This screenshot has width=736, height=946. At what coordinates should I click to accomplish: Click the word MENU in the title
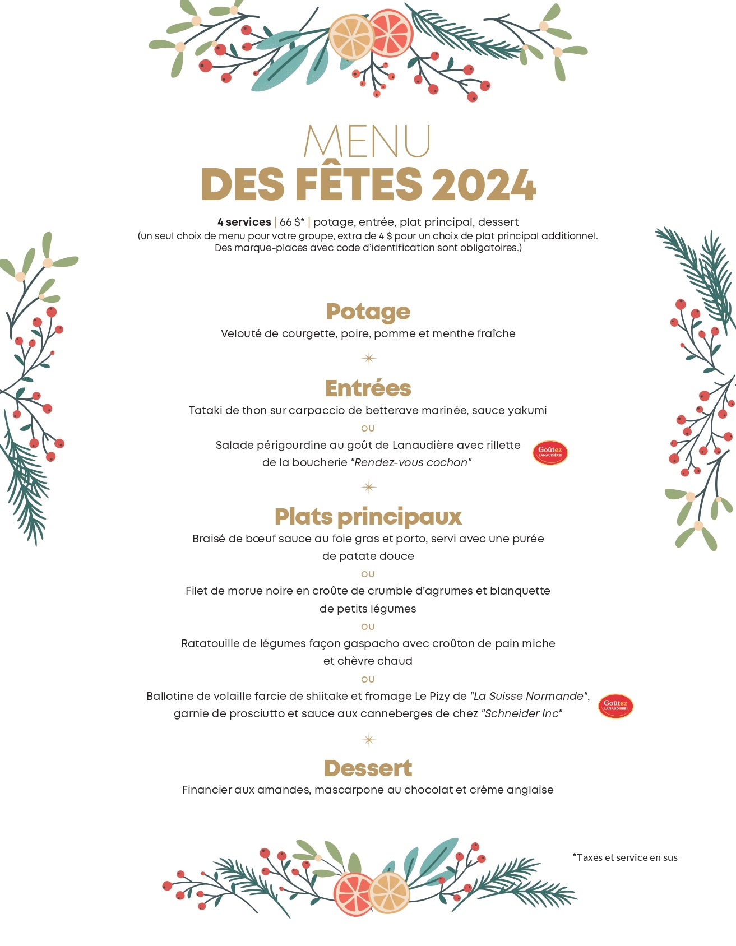click(x=367, y=141)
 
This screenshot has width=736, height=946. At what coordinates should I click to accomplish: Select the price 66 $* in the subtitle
click(x=291, y=222)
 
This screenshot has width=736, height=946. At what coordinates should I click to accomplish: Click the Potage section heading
click(x=368, y=312)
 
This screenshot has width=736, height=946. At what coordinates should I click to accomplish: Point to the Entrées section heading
click(x=368, y=388)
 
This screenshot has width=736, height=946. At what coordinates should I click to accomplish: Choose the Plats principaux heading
click(x=368, y=517)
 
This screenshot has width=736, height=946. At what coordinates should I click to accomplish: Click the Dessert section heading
click(x=368, y=768)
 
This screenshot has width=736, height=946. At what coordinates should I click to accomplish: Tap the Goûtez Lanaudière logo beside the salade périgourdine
click(x=550, y=452)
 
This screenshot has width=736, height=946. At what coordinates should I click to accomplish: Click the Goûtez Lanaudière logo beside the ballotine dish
click(x=615, y=706)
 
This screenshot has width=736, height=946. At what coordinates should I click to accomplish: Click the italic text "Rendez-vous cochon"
click(x=411, y=462)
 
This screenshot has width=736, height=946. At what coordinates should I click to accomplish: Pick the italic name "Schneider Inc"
click(x=521, y=713)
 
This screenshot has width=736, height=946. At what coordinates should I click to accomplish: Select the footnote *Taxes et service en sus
click(x=624, y=857)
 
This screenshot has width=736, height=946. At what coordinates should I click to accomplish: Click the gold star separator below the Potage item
click(x=368, y=358)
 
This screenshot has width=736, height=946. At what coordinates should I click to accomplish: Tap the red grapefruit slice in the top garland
click(x=391, y=33)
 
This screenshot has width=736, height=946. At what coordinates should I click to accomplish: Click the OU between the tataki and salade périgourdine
click(x=368, y=428)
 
